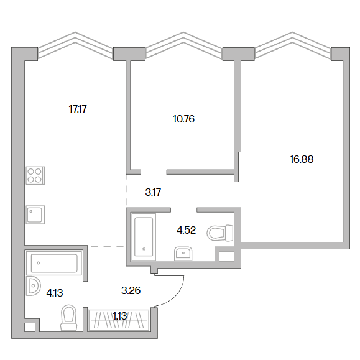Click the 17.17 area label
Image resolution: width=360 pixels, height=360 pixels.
coord(78,109)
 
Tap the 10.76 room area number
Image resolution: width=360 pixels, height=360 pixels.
coord(183,119)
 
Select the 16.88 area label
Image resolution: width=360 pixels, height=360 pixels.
coord(302,159)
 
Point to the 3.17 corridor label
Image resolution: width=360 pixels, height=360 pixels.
coord(153,192)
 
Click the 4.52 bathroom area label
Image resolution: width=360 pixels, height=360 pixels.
coord(186,230)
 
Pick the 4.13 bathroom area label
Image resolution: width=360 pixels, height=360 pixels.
coord(55,293)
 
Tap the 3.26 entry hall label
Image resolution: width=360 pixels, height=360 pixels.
coord(131,290)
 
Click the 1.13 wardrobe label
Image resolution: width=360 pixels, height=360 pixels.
coord(119,316)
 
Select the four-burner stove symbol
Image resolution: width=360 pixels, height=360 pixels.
coord(35,175)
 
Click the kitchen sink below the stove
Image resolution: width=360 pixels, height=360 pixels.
coord(35,215)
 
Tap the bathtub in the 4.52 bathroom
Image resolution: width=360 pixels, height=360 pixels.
coord(144,237)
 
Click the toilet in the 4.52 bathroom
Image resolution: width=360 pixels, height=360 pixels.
coord(220,233)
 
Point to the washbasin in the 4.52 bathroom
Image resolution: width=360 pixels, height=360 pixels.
coord(183,254)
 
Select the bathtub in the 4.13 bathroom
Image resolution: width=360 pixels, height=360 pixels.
coord(54,263)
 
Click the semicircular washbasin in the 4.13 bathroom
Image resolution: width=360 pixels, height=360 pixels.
coord(33,285)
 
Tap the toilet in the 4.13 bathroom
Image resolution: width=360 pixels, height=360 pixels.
coord(69,318)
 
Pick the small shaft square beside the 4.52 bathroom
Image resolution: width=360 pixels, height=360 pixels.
coord(226,256)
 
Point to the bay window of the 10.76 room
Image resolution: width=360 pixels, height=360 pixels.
coord(183,45)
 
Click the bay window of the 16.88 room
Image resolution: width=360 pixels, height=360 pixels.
coord(293,45)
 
